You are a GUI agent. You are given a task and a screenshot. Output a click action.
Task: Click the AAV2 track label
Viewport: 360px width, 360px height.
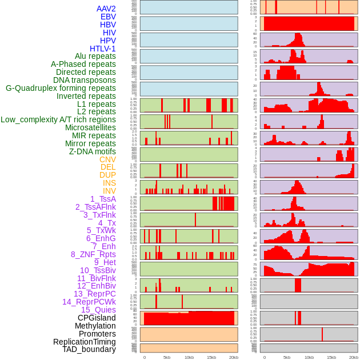coord(106,9)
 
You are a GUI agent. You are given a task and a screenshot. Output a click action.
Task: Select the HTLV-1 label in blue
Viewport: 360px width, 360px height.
coord(102,49)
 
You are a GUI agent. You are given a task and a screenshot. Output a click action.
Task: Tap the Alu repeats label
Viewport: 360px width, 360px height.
coord(95,57)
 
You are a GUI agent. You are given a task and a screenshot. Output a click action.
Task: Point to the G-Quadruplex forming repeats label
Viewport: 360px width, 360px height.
coord(61,88)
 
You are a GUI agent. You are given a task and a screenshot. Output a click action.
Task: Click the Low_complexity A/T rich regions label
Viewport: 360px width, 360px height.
coord(58,119)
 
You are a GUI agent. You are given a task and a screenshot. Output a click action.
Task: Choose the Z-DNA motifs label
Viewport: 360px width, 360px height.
coord(92,151)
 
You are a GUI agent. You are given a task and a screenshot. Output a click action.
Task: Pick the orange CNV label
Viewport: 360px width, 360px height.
coord(107,159)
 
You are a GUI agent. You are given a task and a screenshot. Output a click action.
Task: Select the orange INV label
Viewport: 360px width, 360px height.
coord(109,191)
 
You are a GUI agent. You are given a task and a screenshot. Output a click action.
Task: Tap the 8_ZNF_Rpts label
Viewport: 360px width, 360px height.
coord(93,254)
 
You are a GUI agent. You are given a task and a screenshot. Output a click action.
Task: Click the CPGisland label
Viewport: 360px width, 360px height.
coord(97,318)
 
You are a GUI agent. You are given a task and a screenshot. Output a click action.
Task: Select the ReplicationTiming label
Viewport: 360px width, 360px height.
coord(85,342)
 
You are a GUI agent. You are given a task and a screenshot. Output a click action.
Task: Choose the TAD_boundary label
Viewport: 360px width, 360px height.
coord(89,349)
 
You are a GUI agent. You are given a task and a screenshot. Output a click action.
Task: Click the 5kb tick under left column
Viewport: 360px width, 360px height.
coord(167,357)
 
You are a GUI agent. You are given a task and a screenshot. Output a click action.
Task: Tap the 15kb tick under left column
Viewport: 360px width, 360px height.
coord(211,357)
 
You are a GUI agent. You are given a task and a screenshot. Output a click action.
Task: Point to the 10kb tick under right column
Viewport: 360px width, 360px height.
coord(309,357)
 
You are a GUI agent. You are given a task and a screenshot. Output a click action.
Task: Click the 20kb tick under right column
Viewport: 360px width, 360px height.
coord(354,357)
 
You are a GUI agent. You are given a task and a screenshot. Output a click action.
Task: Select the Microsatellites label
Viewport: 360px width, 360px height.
coord(90,127)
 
